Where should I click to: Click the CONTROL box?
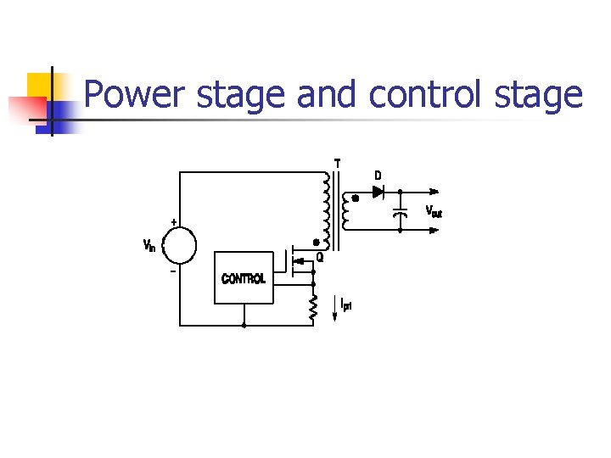(x=244, y=277)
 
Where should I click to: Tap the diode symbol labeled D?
(x=378, y=192)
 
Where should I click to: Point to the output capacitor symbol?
(x=401, y=211)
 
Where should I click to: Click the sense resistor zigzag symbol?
(x=313, y=308)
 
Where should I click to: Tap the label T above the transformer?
(x=337, y=163)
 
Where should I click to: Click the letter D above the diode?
(x=378, y=176)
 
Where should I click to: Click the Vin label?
(x=149, y=246)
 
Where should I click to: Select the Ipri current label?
(x=346, y=304)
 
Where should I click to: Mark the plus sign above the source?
(x=174, y=222)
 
